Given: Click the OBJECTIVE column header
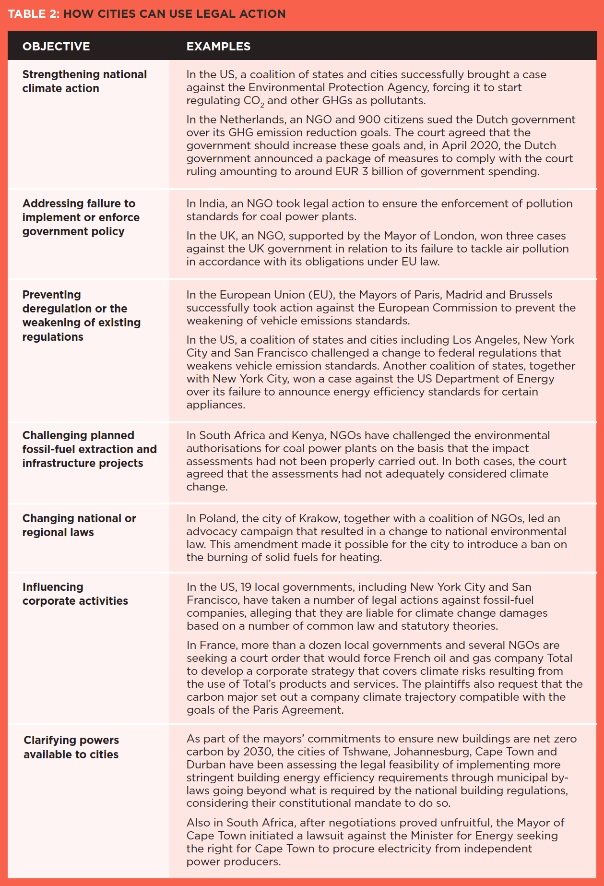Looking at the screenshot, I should click(x=56, y=47).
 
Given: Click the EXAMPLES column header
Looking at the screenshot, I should click(x=218, y=47).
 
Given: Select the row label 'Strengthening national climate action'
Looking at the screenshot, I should click(x=84, y=81).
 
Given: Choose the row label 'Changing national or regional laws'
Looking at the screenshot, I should click(x=79, y=525).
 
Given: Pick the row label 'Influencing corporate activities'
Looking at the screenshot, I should click(x=75, y=594).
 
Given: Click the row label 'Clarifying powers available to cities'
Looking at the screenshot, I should click(x=71, y=747).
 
